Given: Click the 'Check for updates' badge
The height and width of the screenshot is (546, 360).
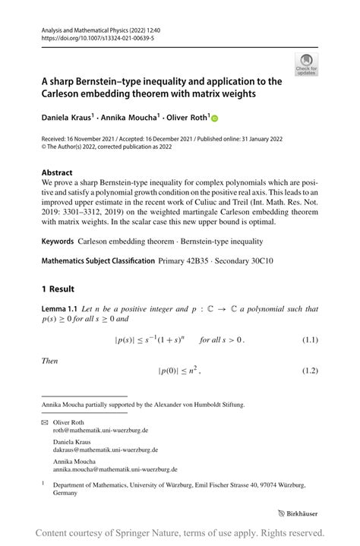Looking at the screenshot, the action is click(306, 65).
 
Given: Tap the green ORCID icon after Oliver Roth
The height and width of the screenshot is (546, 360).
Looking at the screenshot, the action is click(214, 119).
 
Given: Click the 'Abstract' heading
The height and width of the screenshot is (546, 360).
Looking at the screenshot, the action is click(57, 172).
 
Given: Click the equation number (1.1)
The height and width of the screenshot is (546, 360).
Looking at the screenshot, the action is click(308, 339).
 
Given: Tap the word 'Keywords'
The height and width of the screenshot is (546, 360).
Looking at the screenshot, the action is click(58, 241).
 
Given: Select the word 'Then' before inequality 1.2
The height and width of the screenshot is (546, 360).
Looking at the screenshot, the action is click(49, 360).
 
